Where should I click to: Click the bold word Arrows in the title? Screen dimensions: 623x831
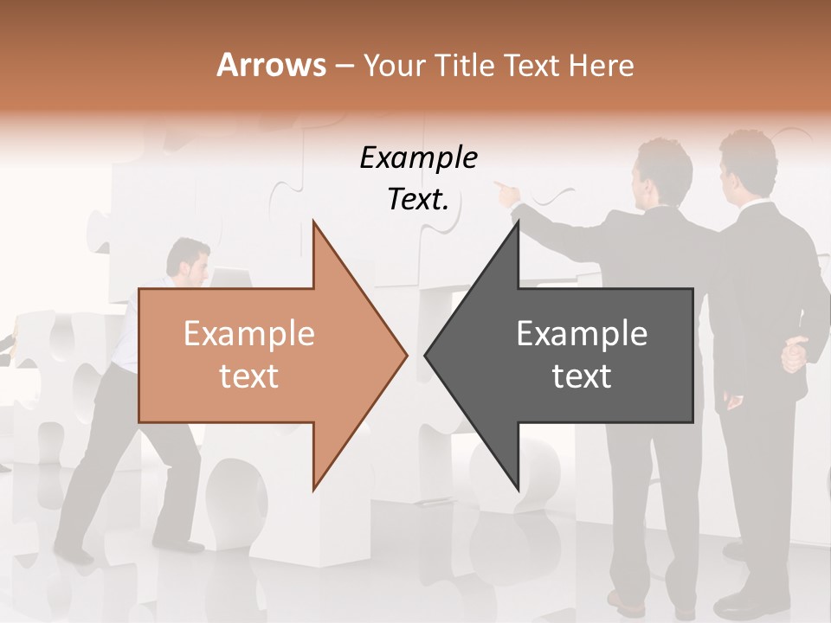271,65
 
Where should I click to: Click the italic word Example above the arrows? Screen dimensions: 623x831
418,157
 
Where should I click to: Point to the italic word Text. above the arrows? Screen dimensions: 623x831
418,199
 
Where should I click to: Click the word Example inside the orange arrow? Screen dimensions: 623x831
248,333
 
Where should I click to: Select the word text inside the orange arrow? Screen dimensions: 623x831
248,376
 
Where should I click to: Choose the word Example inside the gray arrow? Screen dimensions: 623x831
582,333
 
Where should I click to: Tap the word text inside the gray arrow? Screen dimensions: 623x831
582,376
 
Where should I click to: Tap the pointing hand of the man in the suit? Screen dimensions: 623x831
503,188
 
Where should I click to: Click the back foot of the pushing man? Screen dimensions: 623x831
76,555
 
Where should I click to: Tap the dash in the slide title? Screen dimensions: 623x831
344,66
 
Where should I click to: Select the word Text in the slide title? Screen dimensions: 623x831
530,66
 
